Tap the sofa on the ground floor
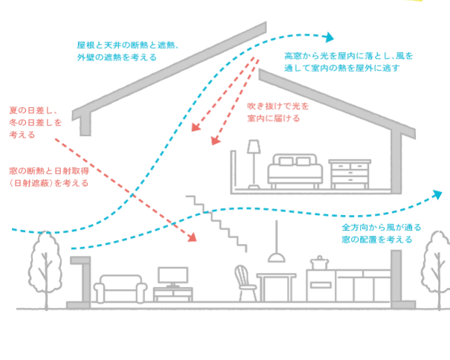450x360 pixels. tap(119, 287)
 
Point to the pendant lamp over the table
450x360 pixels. tap(277, 256)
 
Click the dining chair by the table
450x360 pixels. tap(242, 283)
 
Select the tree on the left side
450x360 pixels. tap(45, 268)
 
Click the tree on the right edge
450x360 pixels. tap(437, 264)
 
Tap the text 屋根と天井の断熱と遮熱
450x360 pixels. tap(125, 45)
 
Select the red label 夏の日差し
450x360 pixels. tap(34, 109)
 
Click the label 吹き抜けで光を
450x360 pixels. tap(278, 106)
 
